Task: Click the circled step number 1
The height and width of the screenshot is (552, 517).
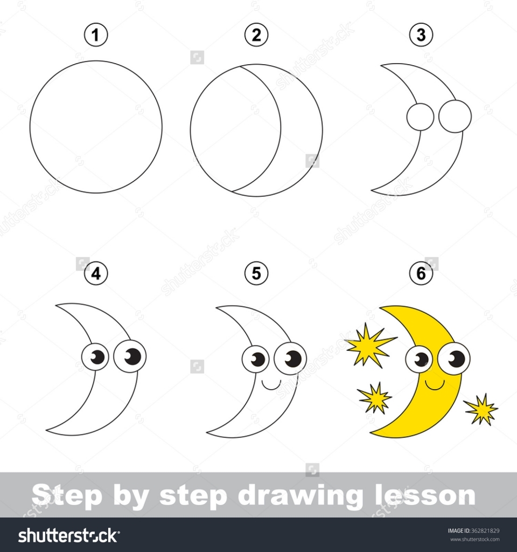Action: [96, 36]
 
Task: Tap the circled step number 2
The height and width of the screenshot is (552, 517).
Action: [256, 36]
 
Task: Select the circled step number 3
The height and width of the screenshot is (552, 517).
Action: [421, 36]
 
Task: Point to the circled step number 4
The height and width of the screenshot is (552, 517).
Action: [96, 274]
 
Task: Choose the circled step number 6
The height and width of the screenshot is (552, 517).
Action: [421, 274]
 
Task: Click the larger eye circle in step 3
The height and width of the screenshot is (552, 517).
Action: [455, 116]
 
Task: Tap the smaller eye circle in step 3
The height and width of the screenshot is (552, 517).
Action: [420, 117]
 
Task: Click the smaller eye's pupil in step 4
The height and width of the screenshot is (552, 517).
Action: [97, 356]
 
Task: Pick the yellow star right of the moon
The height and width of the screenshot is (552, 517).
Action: [480, 409]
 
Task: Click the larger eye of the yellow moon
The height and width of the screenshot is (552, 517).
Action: [454, 358]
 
